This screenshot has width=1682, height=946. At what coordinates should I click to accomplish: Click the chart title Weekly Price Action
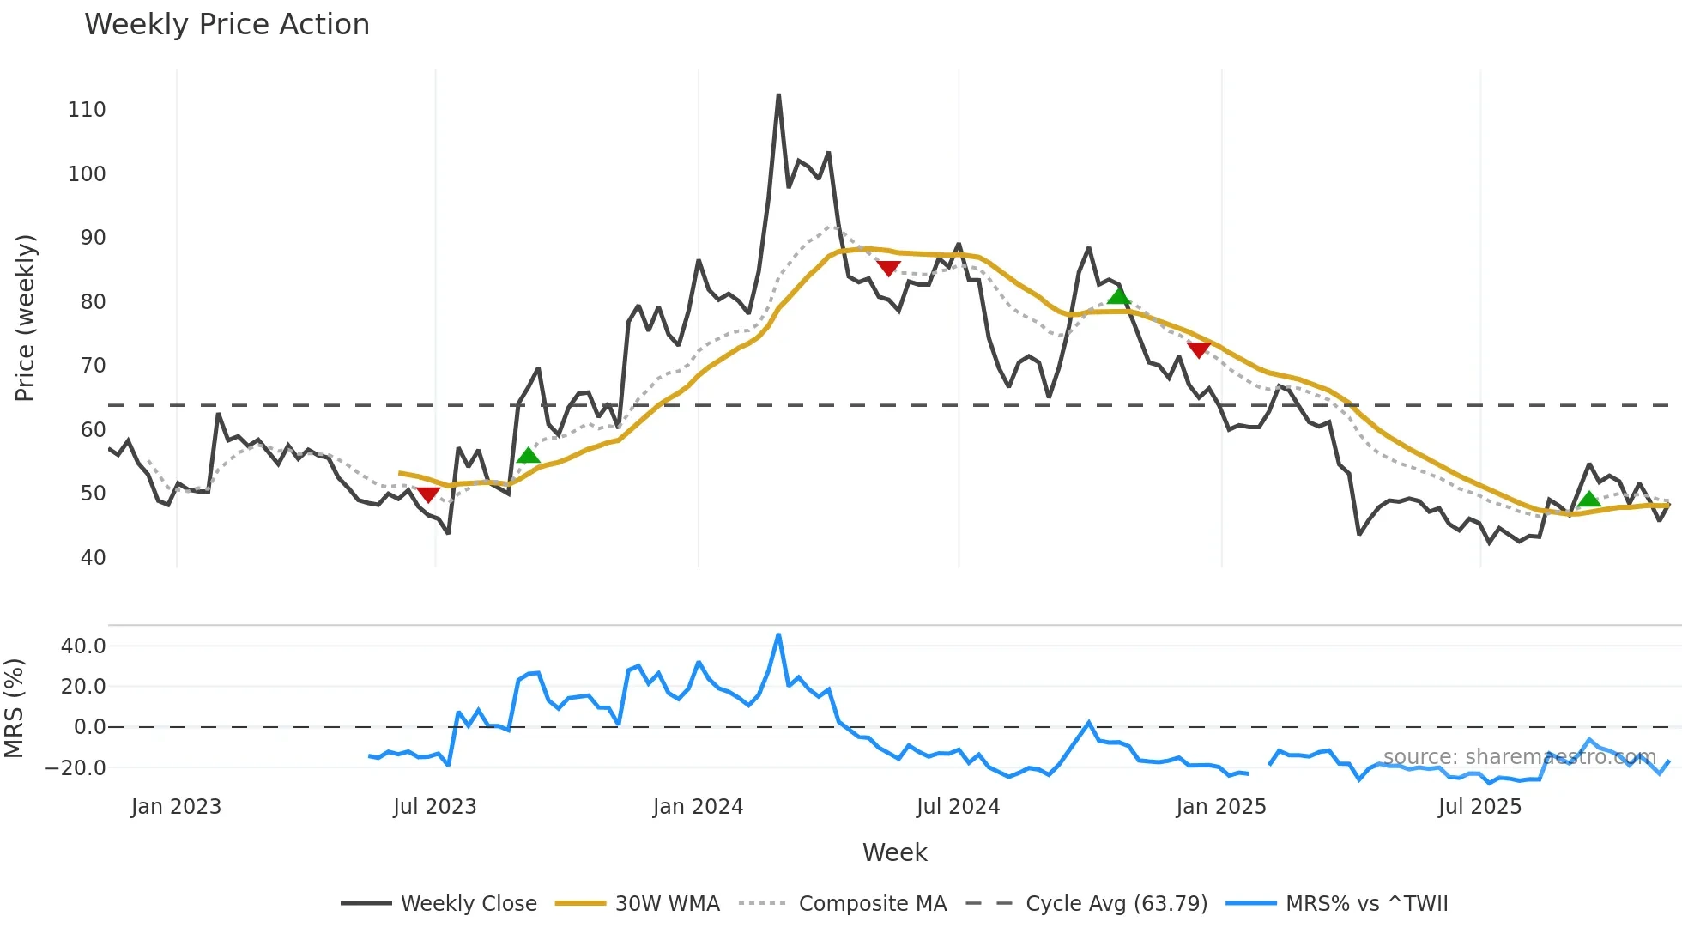point(227,25)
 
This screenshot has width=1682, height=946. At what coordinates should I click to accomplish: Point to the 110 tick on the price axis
point(87,110)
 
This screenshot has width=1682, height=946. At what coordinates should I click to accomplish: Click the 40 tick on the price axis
point(93,558)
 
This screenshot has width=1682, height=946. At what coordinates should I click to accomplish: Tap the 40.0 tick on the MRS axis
point(83,646)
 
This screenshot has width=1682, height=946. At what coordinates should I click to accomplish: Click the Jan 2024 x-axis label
point(698,807)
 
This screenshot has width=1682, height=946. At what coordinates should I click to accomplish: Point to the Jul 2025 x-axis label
point(1479,807)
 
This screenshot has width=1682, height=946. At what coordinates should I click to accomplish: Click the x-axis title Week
point(894,852)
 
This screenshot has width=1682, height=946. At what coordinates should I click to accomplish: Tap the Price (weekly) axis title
point(25,318)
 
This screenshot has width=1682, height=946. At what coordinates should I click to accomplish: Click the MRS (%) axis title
point(14,708)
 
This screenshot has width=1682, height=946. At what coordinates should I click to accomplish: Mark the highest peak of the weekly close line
point(778,95)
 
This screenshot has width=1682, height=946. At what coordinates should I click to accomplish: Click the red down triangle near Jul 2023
point(428,494)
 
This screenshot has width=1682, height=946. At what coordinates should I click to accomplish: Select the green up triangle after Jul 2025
point(1588,500)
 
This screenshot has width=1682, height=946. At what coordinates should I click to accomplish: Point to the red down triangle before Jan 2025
point(1198,349)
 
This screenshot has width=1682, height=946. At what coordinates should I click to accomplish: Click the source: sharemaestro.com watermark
point(1519,757)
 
